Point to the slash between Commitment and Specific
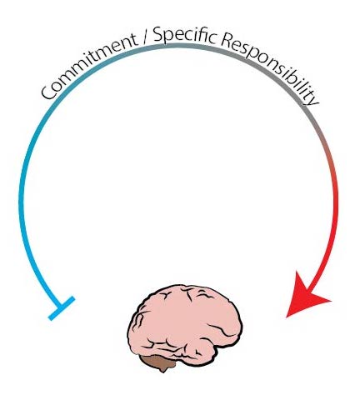(146, 38)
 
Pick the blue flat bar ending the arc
(62, 308)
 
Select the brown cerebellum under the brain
(159, 362)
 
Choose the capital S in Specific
(158, 35)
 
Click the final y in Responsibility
(312, 97)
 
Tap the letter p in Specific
(169, 38)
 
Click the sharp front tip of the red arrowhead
(287, 317)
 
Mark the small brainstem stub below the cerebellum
(162, 370)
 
